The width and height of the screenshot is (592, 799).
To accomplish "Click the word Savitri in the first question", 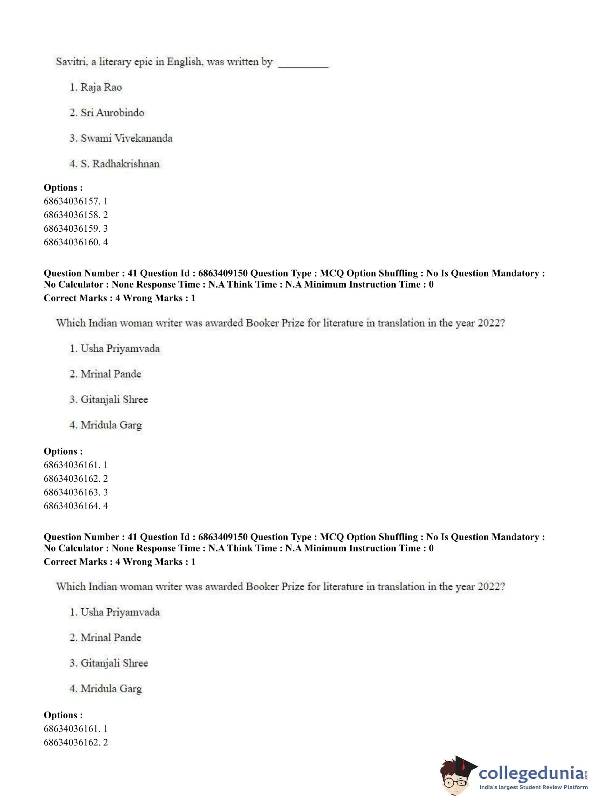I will [70, 62].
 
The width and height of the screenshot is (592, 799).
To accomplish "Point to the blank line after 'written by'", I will [303, 65].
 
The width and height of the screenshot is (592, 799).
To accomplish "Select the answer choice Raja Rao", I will [101, 87].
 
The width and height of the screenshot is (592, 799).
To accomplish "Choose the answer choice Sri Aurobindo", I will [112, 113].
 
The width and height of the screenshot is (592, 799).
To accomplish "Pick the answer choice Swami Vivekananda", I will [126, 138].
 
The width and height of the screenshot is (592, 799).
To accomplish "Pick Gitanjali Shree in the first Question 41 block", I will [114, 399].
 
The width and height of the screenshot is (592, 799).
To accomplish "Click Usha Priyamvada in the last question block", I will [120, 612].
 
